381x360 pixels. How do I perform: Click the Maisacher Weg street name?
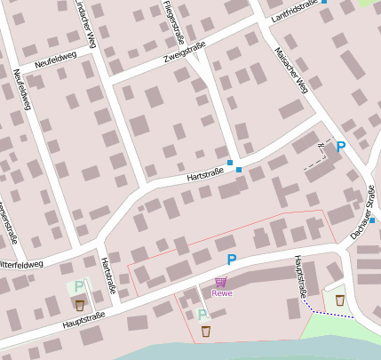[x=291, y=69]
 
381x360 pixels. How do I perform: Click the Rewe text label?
[x=222, y=292]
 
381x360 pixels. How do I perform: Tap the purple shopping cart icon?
[x=220, y=282]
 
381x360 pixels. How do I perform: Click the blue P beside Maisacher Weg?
[x=340, y=147]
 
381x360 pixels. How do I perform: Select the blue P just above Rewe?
[x=232, y=260]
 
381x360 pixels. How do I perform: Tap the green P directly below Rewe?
[x=202, y=315]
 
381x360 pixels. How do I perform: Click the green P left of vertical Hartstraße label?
[x=79, y=286]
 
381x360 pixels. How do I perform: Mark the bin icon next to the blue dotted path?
[x=340, y=300]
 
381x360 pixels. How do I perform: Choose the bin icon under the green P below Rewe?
[x=206, y=331]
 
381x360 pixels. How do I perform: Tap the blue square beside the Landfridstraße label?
[x=324, y=2]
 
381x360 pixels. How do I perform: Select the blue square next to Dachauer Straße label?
[x=372, y=220]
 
